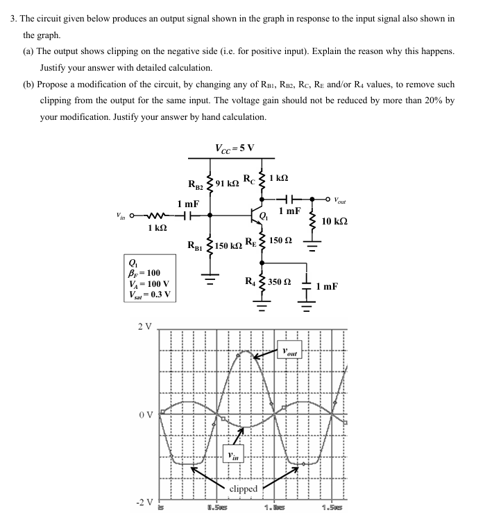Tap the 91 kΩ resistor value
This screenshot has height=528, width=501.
pos(228,183)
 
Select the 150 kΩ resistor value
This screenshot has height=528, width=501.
pos(228,246)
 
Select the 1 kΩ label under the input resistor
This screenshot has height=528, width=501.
pos(158,228)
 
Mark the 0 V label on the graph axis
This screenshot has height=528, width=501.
pos(144,415)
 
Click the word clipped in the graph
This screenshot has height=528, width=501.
pos(243,489)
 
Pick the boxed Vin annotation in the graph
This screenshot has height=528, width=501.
pos(232,455)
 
